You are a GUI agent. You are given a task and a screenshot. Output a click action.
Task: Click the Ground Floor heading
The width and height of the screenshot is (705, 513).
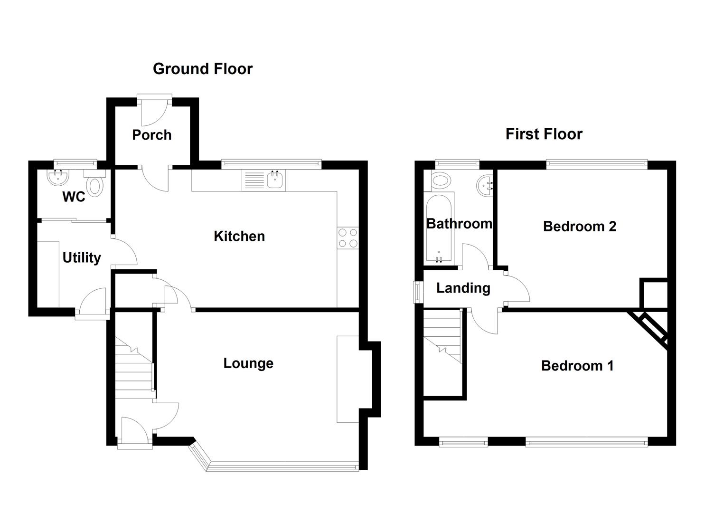click(x=203, y=69)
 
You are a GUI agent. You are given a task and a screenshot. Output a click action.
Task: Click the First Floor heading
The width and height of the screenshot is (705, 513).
click(x=544, y=134)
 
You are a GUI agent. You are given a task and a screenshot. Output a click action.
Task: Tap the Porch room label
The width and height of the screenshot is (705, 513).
click(x=151, y=135)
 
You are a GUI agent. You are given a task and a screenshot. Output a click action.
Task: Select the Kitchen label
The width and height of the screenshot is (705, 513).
click(x=239, y=236)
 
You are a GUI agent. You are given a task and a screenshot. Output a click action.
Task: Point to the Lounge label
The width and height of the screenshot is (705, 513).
click(x=248, y=363)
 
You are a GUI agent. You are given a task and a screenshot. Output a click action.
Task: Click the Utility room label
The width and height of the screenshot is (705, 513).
click(x=82, y=258)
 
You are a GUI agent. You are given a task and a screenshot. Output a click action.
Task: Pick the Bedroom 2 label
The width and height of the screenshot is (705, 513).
click(x=579, y=226)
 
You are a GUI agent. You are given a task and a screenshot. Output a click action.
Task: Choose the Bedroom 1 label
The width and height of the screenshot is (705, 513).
click(x=577, y=366)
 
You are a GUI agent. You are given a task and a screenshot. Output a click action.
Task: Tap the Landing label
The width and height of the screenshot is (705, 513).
click(x=463, y=288)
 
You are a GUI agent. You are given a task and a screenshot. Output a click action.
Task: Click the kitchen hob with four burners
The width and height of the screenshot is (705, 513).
click(x=348, y=238)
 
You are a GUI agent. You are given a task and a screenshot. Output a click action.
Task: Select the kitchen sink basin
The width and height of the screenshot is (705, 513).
click(x=275, y=180)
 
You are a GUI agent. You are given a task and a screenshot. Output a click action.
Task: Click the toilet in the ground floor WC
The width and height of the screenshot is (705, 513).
click(x=96, y=185)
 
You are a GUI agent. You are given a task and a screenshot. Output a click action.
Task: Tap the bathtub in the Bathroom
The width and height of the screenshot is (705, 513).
click(x=440, y=228)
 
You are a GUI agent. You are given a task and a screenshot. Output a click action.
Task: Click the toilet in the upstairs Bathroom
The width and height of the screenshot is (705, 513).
click(x=440, y=180)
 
